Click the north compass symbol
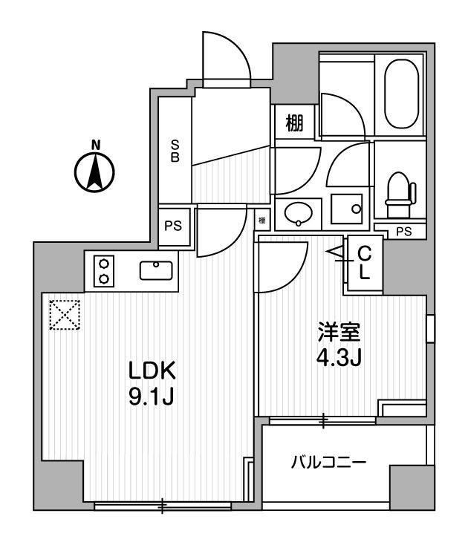(94, 170)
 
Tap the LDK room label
(152, 370)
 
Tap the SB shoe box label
(175, 151)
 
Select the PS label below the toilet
(403, 232)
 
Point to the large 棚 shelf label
(294, 123)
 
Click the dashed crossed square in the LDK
(65, 314)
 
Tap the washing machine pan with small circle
(346, 212)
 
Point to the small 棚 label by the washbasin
(262, 221)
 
